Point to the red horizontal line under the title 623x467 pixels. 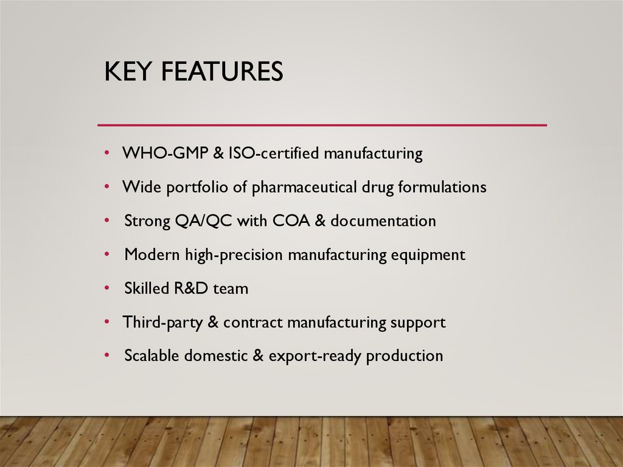(322, 125)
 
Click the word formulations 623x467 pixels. (442, 187)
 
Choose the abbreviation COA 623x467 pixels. (291, 220)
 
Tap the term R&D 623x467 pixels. (191, 288)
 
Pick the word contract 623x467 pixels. (252, 321)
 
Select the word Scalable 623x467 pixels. (155, 355)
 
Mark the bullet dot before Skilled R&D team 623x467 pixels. (107, 287)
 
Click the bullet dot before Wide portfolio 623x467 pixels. (107, 186)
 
